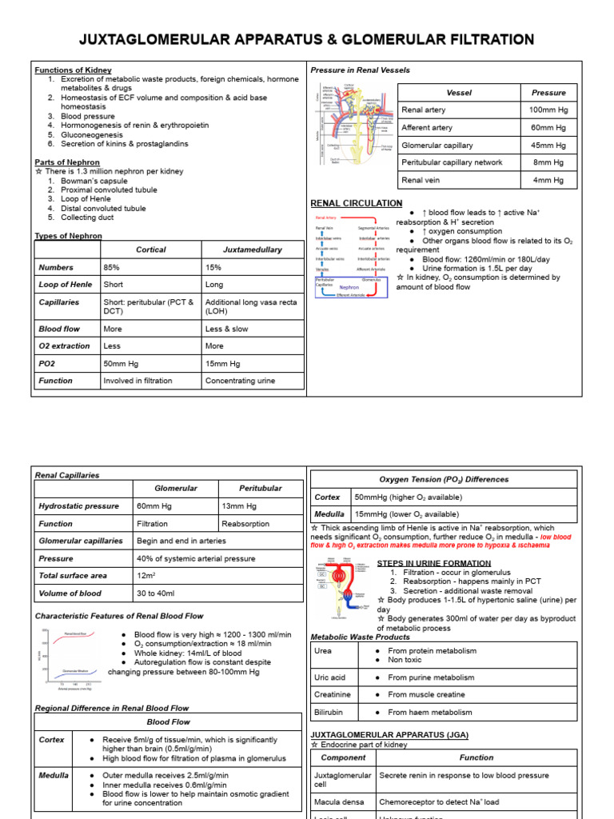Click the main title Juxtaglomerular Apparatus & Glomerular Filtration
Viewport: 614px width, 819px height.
click(x=306, y=39)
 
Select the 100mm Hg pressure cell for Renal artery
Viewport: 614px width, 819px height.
click(x=548, y=110)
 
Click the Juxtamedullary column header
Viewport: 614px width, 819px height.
click(x=252, y=250)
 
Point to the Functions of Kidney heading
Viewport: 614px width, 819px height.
click(x=73, y=70)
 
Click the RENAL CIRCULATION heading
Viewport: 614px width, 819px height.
click(x=356, y=203)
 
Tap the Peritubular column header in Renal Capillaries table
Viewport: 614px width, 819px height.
click(x=260, y=488)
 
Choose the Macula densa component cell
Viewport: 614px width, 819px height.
click(x=340, y=801)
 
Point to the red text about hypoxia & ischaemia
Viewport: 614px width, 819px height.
click(x=444, y=541)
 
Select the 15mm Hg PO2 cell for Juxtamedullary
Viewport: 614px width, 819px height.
click(x=222, y=363)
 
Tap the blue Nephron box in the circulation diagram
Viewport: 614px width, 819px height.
click(x=349, y=287)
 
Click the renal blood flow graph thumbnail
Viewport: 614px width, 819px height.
click(x=70, y=658)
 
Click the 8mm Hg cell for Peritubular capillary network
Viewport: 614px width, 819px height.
click(x=548, y=162)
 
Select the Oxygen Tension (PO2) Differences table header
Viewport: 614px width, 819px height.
click(x=443, y=479)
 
